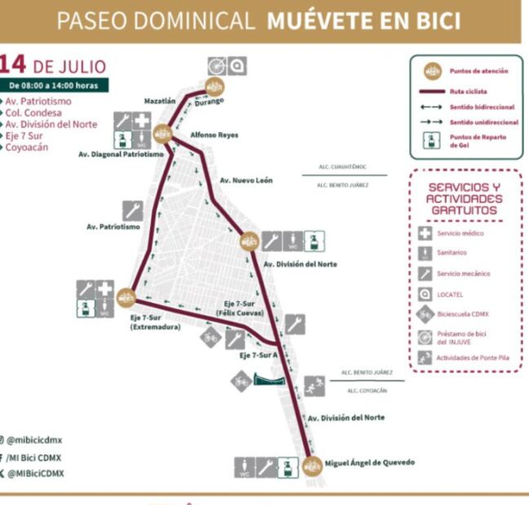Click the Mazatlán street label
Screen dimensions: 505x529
[x=160, y=101]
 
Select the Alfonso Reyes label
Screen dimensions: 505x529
[x=214, y=135]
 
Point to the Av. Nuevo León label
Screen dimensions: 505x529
[x=246, y=180]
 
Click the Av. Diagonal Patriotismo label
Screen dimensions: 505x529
[x=121, y=153]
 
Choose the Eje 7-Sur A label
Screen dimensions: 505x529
[x=259, y=356]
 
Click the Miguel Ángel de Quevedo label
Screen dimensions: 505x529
[x=369, y=463]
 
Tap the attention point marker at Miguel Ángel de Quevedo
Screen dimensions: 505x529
[x=311, y=466]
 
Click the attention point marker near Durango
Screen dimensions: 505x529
[x=215, y=86]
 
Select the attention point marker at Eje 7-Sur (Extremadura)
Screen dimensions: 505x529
[x=126, y=296]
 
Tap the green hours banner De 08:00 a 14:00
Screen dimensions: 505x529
[x=54, y=85]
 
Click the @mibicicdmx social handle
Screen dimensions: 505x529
[x=36, y=440]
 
